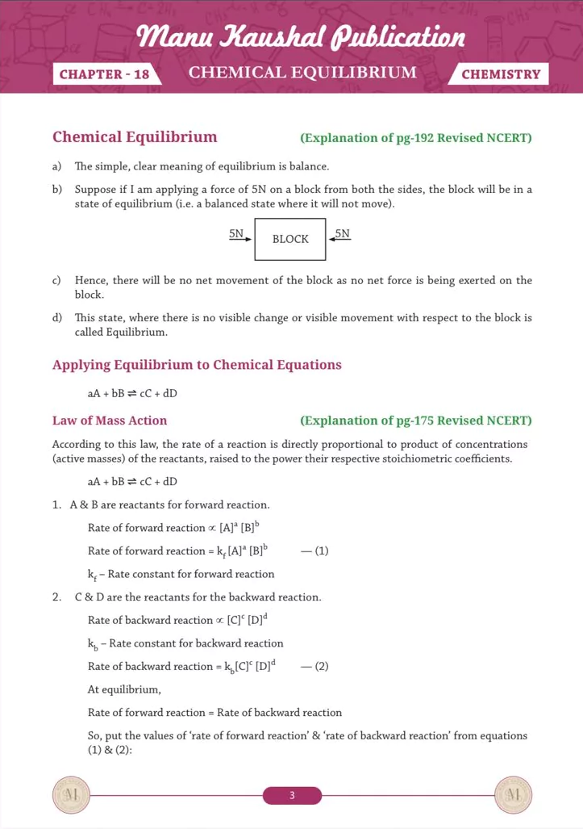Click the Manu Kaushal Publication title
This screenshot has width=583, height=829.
pos(302,36)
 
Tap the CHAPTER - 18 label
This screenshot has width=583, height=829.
pos(104,74)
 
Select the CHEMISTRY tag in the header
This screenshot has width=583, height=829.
pos(501,74)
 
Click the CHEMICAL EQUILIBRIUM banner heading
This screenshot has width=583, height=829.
pos(302,73)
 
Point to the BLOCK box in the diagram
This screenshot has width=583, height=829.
pos(290,239)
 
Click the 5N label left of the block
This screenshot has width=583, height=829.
pos(236,234)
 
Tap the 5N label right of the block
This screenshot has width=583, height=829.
pos(343,234)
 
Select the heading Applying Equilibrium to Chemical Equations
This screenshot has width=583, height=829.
pos(197,365)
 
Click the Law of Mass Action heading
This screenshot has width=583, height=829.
pos(110,421)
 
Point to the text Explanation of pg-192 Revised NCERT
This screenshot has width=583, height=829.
pos(416,138)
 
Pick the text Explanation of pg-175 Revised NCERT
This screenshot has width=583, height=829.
pos(416,421)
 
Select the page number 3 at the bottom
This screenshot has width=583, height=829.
pos(292,796)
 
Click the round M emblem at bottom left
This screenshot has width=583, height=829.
pos(70,795)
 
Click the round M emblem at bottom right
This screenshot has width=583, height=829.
pos(513,795)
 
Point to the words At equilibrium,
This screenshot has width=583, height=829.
pos(124,690)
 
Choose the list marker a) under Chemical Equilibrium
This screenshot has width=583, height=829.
pos(56,166)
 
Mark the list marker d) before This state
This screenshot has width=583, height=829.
pos(56,318)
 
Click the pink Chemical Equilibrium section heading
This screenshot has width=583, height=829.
pos(135,137)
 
